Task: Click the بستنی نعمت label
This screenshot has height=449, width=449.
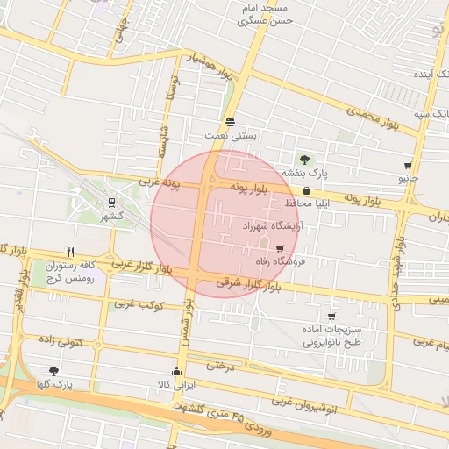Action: point(231,136)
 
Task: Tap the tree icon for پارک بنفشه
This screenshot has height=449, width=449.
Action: point(304,160)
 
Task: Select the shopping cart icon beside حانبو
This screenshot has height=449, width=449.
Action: point(408,165)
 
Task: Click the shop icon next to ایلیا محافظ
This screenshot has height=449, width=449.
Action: point(305,190)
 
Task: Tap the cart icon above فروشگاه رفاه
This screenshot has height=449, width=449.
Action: point(280,249)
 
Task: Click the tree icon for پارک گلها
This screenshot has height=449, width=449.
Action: point(54,371)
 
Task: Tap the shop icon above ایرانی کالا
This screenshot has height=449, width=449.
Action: point(178,371)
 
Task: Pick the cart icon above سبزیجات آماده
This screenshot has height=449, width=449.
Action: point(331,317)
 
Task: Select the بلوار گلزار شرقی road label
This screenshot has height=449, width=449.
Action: point(250,286)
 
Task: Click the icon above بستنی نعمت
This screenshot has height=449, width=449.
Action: point(230,122)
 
